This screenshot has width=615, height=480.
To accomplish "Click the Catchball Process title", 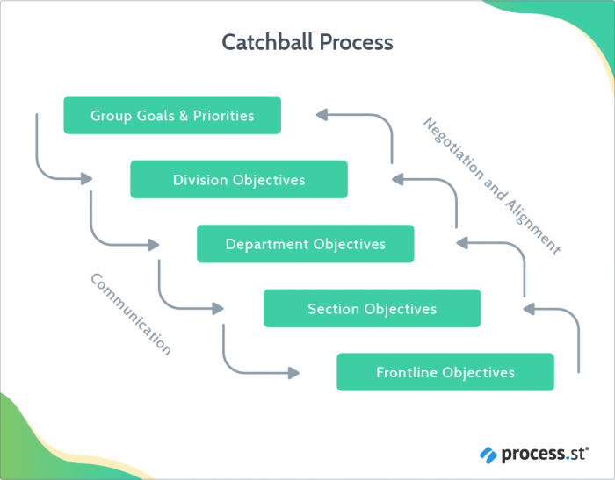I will coord(307,42).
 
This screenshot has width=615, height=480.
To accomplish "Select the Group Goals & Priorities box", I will coord(172,115).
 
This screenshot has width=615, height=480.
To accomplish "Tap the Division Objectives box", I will coord(239,180).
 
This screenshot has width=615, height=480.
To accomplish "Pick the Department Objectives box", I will coord(305,244).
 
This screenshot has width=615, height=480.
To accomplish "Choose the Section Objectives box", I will coord(372,309).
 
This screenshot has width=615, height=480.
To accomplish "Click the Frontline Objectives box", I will coord(445,372).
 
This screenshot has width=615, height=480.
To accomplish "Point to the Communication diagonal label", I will coord(131,313).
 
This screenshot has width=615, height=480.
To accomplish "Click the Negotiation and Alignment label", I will coord(491,185).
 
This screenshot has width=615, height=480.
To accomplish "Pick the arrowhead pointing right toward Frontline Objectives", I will coord(293,372).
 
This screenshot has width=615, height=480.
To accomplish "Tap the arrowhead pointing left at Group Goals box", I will coord(322,114).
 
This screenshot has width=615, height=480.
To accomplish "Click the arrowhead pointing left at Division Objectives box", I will coord(396,179).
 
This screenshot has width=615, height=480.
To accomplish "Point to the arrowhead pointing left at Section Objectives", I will coord(529,308).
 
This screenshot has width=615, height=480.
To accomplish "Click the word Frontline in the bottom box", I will coord(407,372).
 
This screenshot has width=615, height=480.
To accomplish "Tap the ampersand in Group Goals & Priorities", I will coord(184,115).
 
